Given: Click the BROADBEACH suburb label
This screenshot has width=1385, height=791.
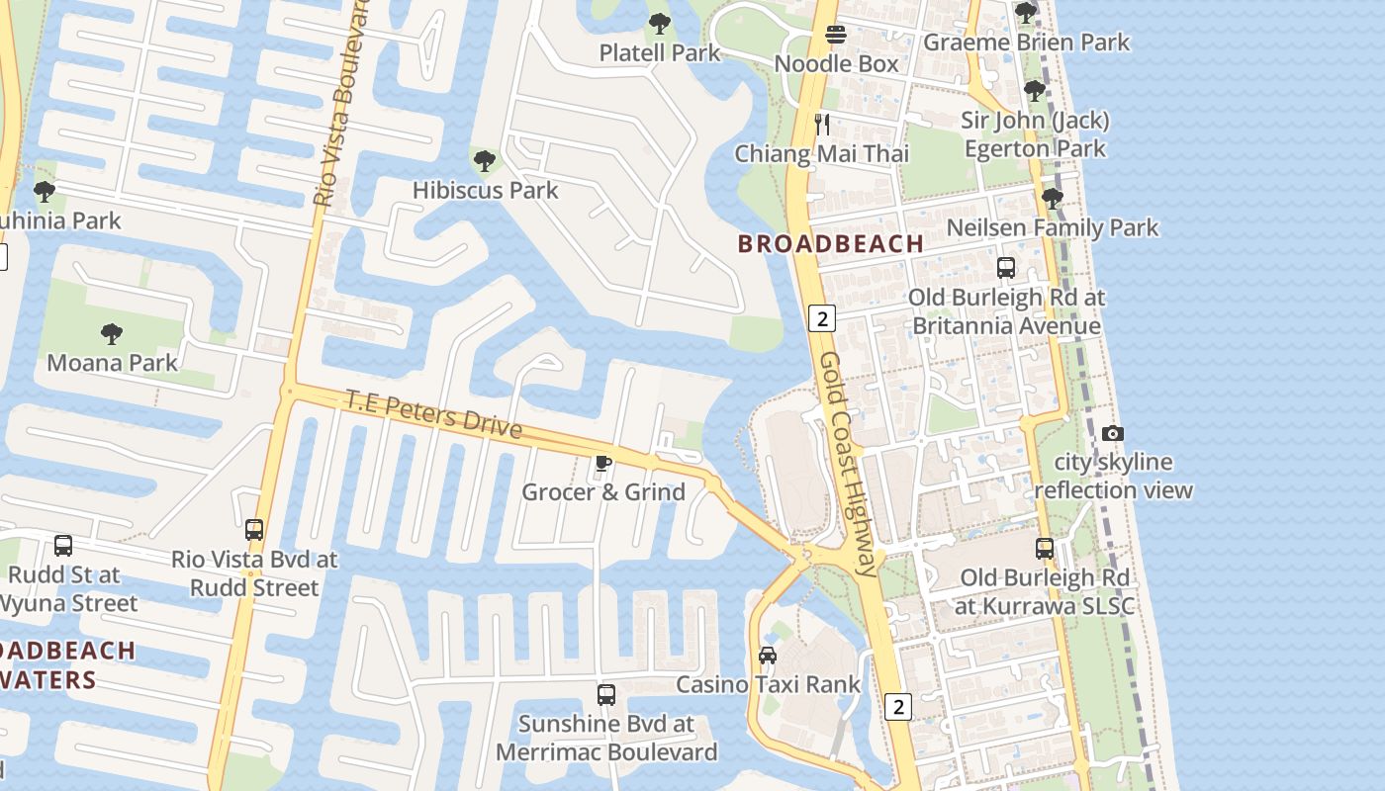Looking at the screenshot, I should click(831, 243).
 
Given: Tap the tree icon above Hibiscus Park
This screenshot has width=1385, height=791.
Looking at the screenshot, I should click(484, 160).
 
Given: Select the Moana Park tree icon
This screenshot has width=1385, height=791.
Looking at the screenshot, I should click(112, 334).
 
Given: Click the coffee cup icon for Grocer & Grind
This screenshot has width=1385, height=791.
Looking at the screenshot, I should click(602, 463).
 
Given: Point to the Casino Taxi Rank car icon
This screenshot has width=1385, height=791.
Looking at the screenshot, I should click(767, 655).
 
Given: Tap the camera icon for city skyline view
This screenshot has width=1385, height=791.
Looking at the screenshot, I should click(1113, 433).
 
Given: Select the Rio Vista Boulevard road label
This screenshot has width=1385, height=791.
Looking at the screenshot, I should click(340, 104).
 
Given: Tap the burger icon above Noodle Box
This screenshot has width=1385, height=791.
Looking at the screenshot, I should click(836, 36).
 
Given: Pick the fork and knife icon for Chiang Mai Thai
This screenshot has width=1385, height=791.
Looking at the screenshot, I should click(821, 125).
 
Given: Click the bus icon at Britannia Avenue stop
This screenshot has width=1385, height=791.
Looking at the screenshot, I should click(1006, 268).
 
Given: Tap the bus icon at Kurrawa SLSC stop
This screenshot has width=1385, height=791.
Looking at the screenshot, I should click(1045, 549).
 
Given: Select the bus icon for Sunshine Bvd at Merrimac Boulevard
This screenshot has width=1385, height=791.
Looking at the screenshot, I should click(606, 695).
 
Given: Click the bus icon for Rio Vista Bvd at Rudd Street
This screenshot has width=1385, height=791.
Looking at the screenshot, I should click(254, 530).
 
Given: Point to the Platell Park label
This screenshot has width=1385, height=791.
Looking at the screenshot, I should click(660, 52).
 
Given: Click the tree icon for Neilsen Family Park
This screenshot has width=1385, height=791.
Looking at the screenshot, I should click(1052, 199).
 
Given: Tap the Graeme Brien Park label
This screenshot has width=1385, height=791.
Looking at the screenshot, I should click(1026, 43).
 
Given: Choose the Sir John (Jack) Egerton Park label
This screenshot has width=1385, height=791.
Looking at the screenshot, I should click(1035, 134).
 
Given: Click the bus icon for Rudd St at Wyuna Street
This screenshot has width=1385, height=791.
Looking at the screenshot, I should click(63, 546).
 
